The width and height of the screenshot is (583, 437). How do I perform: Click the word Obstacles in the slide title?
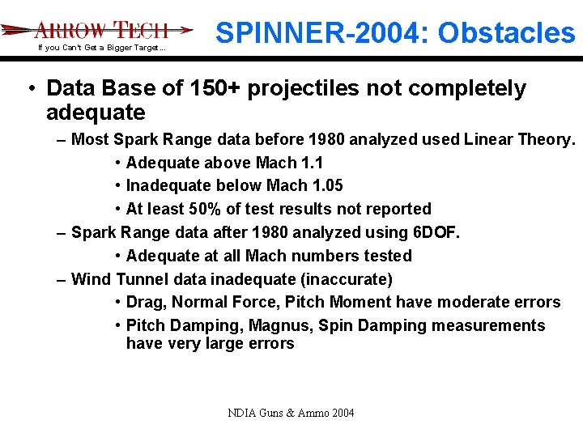[508, 32]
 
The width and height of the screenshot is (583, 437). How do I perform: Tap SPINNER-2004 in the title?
[321, 32]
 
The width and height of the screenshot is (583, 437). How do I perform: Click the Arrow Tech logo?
[97, 30]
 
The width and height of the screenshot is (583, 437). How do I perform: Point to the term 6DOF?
[436, 232]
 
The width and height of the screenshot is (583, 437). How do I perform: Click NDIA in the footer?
[241, 414]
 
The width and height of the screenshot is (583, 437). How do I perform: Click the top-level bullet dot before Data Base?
[31, 88]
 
